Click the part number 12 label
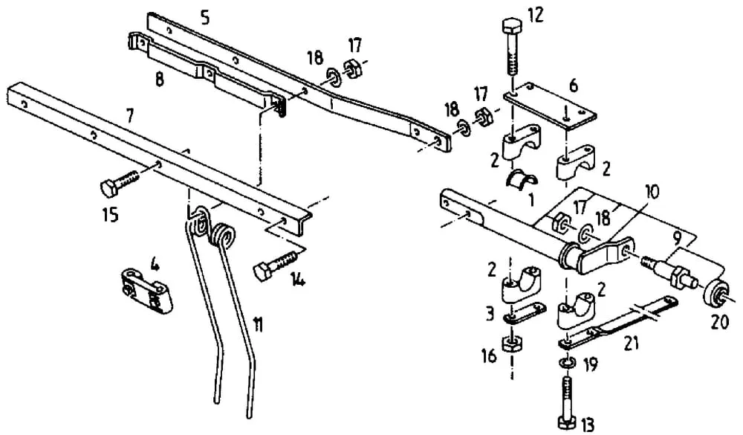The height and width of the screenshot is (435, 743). click(535, 16)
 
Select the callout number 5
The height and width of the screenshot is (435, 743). click(205, 18)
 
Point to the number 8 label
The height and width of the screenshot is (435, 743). click(160, 80)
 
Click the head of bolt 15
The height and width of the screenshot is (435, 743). click(109, 188)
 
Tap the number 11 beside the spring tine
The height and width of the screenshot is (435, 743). click(258, 326)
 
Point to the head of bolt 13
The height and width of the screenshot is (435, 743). click(568, 422)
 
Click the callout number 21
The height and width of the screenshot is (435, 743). click(631, 344)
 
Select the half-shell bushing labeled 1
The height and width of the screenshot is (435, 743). click(521, 178)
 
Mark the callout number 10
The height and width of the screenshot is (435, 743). click(652, 192)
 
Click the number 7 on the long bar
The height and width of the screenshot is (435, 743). click(129, 115)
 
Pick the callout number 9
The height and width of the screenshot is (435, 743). click(678, 236)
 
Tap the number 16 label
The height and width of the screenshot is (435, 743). click(490, 356)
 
